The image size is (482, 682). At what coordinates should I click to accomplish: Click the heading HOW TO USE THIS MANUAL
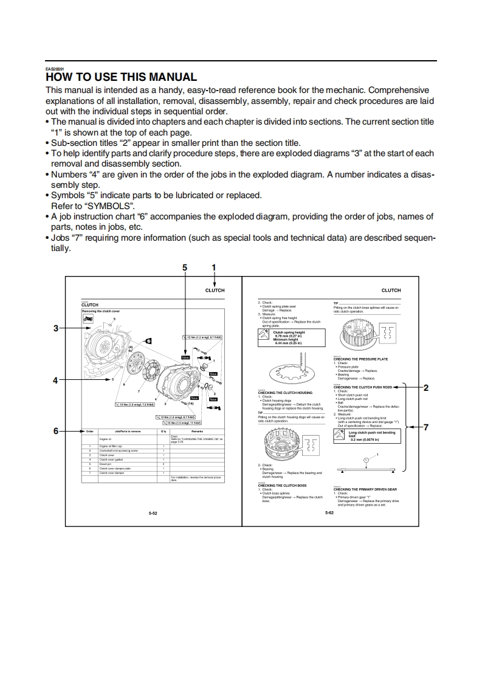click(x=121, y=77)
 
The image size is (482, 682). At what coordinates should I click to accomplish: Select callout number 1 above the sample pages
click(x=213, y=267)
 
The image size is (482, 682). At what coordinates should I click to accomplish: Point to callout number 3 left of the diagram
click(x=55, y=328)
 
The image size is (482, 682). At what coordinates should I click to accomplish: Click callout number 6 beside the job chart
click(x=55, y=431)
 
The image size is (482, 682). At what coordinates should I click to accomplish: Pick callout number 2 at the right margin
click(x=426, y=387)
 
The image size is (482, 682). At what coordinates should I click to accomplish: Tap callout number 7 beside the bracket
click(x=426, y=427)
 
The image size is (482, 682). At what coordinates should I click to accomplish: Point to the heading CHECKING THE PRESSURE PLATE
click(x=360, y=359)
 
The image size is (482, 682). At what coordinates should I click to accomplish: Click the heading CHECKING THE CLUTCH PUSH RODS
click(x=363, y=387)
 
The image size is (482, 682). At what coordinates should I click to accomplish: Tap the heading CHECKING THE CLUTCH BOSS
click(x=282, y=486)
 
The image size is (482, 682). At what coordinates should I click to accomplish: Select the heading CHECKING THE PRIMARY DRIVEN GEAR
click(x=365, y=489)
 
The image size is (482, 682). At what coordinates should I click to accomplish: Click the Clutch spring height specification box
click(x=292, y=337)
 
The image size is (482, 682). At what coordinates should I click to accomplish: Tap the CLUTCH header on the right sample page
click(x=391, y=291)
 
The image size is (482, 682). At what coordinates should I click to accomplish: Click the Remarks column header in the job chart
click(x=197, y=431)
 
